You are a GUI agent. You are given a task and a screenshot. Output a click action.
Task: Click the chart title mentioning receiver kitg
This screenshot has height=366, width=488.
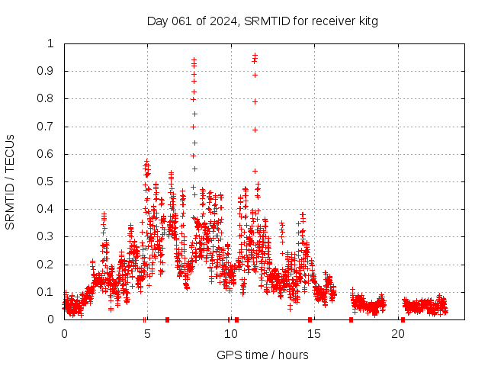(262, 21)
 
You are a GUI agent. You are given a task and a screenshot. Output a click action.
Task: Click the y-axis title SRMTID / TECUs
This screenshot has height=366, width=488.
(11, 181)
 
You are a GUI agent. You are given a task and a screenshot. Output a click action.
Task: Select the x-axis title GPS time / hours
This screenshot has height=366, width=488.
(262, 355)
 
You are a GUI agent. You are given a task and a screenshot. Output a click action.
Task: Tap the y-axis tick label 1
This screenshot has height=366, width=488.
(51, 43)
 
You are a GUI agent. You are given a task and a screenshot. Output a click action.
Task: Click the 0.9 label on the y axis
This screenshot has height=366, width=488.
(48, 71)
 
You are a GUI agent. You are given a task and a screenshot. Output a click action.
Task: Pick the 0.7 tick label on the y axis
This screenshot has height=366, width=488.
(48, 127)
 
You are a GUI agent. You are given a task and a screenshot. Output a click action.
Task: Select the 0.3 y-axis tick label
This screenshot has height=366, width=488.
(48, 236)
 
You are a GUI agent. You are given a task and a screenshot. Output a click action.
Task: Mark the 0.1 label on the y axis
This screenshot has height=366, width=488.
(48, 292)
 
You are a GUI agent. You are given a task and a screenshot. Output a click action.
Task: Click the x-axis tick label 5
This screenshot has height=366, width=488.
(147, 333)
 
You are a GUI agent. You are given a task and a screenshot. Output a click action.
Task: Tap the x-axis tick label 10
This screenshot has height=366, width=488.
(230, 333)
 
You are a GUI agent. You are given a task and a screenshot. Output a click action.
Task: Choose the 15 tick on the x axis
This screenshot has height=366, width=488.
(313, 333)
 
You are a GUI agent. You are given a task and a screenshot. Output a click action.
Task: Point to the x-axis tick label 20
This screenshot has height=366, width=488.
(396, 333)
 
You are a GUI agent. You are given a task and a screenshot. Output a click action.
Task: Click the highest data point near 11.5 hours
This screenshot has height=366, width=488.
(255, 55)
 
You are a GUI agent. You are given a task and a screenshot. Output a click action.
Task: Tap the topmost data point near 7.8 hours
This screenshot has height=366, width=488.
(194, 59)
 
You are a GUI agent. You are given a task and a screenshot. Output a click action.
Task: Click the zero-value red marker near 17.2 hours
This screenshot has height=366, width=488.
(351, 319)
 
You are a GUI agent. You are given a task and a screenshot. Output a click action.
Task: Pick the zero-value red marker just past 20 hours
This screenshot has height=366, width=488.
(403, 319)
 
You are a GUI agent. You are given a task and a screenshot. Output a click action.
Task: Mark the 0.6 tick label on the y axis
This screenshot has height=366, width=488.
(48, 154)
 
